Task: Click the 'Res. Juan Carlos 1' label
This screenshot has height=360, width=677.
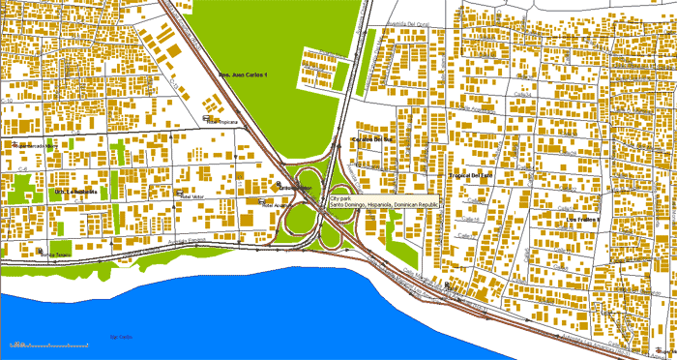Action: click(242, 75)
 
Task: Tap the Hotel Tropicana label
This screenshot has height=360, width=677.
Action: click(223, 123)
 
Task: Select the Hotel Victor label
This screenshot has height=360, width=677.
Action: click(193, 195)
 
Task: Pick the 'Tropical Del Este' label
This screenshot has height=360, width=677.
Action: click(472, 175)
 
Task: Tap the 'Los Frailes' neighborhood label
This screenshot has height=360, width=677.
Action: click(583, 220)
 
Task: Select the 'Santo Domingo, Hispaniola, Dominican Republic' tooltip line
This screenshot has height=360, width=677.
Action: click(384, 206)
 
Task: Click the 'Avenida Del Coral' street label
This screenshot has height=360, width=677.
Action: click(406, 25)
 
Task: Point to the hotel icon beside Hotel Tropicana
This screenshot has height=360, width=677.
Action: click(207, 119)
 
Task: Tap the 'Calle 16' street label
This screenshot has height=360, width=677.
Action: click(472, 222)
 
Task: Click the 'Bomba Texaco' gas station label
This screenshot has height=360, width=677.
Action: click(56, 255)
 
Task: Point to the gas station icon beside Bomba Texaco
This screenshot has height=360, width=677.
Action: click(42, 250)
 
